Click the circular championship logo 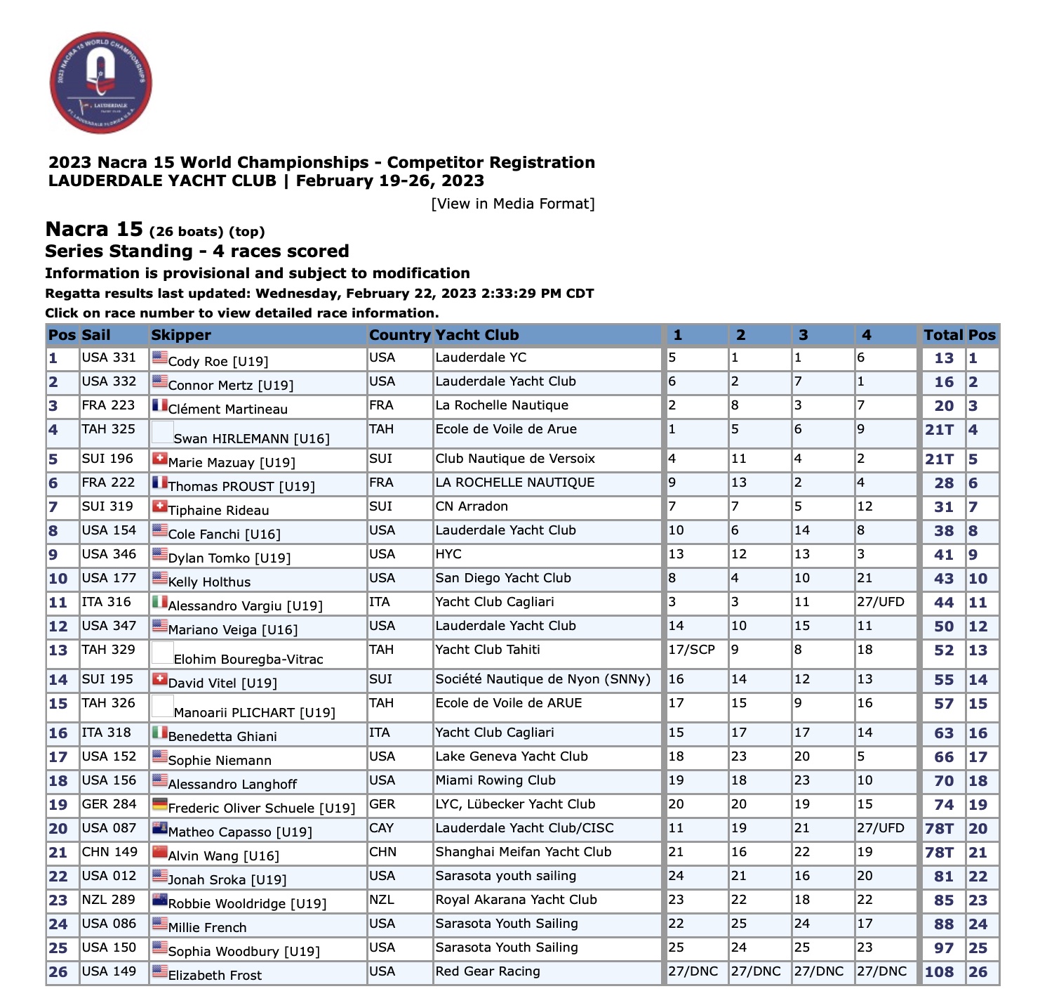101,82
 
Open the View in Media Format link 513,204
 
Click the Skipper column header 181,335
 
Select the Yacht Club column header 477,335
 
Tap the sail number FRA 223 108,405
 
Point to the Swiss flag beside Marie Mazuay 159,459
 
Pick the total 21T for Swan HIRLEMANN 939,430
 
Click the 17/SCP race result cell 691,650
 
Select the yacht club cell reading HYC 448,554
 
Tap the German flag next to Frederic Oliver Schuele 159,804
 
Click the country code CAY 382,828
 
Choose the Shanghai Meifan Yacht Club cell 524,852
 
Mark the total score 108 939,972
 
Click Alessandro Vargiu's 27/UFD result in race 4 881,602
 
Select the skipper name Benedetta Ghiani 222,737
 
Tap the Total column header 943,335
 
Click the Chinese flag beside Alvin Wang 159,852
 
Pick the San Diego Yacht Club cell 503,578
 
